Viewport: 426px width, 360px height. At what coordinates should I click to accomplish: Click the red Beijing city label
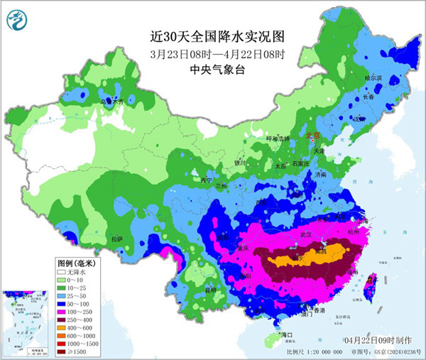(312, 135)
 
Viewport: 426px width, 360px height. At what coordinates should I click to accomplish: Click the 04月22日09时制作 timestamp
(375, 341)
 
